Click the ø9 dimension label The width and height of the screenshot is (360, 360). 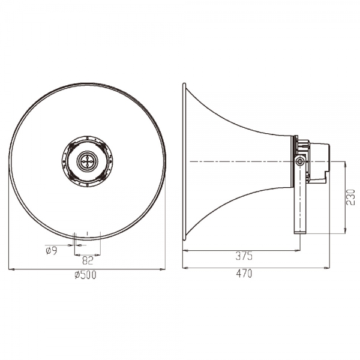coord(51,250)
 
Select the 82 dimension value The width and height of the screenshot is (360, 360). coord(88,260)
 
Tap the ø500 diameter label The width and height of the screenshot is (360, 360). coord(85,275)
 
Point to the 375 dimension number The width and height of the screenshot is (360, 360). coord(244,256)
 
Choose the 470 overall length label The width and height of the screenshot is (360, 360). coord(244,274)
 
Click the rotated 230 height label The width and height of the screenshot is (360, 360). coord(351,197)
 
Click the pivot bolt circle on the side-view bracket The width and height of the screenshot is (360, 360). coord(299,161)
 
